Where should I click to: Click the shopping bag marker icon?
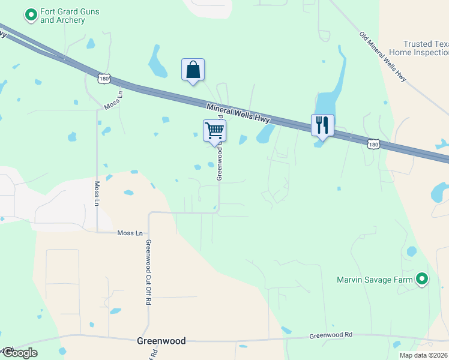tap(193, 70)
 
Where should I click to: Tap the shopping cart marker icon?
tap(214, 130)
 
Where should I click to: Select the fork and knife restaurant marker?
tap(322, 125)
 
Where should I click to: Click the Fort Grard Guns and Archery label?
tap(70, 16)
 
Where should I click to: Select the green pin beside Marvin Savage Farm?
tap(422, 278)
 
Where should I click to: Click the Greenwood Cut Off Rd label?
tap(148, 273)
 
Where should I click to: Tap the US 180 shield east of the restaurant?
tap(373, 144)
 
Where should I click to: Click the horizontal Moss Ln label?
tap(130, 233)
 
